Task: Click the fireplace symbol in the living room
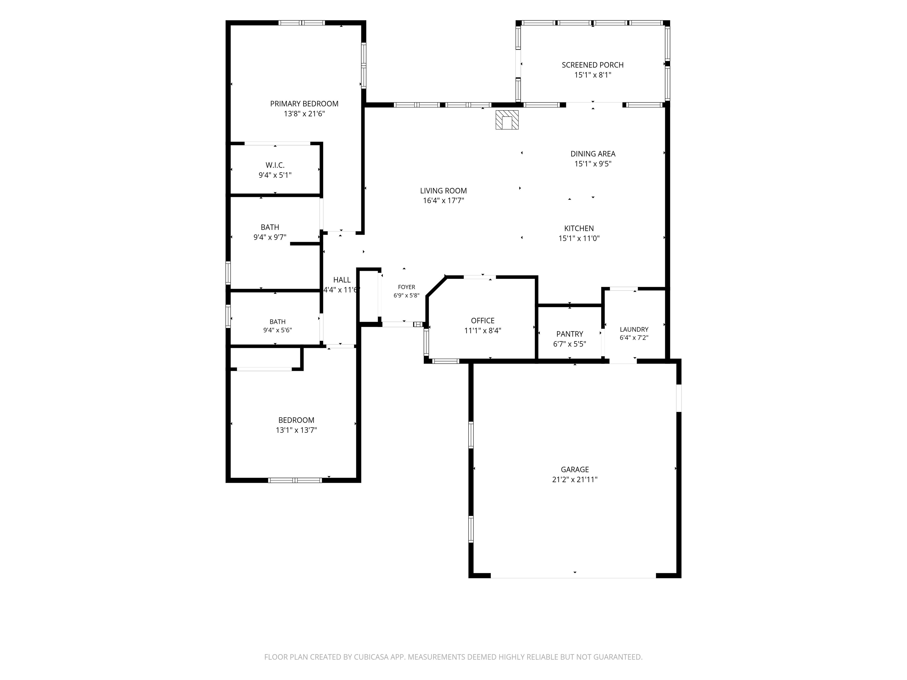click(507, 120)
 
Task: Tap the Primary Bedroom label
click(304, 104)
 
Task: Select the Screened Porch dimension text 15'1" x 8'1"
click(593, 75)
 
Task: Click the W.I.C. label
click(275, 165)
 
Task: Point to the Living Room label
click(443, 191)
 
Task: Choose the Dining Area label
click(593, 154)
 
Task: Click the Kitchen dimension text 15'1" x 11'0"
click(579, 238)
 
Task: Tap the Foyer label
click(406, 287)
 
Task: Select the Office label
click(483, 321)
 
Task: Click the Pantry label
click(570, 334)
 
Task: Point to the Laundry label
click(634, 329)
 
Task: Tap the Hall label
click(342, 280)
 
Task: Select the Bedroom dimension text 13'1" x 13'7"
click(296, 430)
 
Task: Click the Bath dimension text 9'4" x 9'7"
click(270, 237)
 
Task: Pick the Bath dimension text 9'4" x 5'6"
click(278, 330)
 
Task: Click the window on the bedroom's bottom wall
click(295, 480)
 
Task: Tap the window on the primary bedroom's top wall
click(302, 22)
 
